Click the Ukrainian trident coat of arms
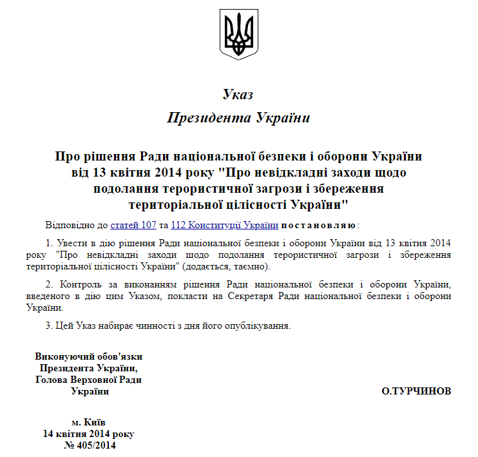pyautogui.click(x=239, y=34)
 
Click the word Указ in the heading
pyautogui.click(x=238, y=95)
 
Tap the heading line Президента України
pyautogui.click(x=238, y=118)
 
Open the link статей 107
pyautogui.click(x=133, y=226)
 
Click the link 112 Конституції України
pyautogui.click(x=224, y=226)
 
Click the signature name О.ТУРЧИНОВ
pyautogui.click(x=416, y=391)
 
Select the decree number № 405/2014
pyautogui.click(x=89, y=444)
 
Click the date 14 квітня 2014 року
pyautogui.click(x=89, y=433)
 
